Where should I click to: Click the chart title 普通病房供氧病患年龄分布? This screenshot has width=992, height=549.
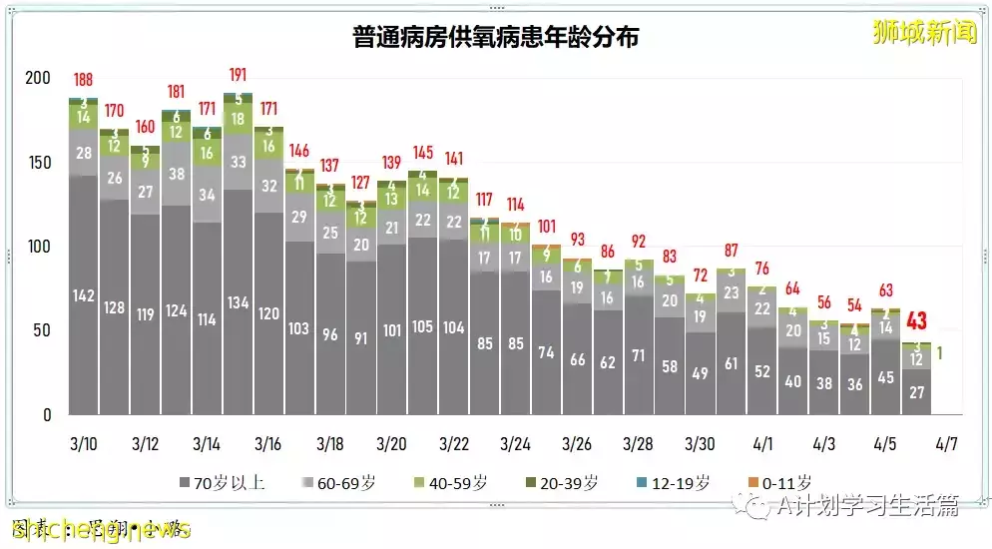tap(496, 39)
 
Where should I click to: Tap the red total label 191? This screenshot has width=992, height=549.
tap(238, 76)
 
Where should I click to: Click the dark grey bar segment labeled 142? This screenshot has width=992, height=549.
tap(84, 294)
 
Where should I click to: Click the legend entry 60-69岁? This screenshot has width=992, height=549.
tap(342, 483)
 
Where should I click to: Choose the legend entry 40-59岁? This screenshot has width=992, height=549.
tap(453, 483)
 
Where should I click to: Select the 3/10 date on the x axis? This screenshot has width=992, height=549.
tap(84, 442)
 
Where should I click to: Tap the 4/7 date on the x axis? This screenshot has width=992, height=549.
tap(946, 442)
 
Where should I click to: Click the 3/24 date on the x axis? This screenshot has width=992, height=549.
tap(515, 442)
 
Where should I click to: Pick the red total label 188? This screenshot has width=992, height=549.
tap(85, 80)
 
